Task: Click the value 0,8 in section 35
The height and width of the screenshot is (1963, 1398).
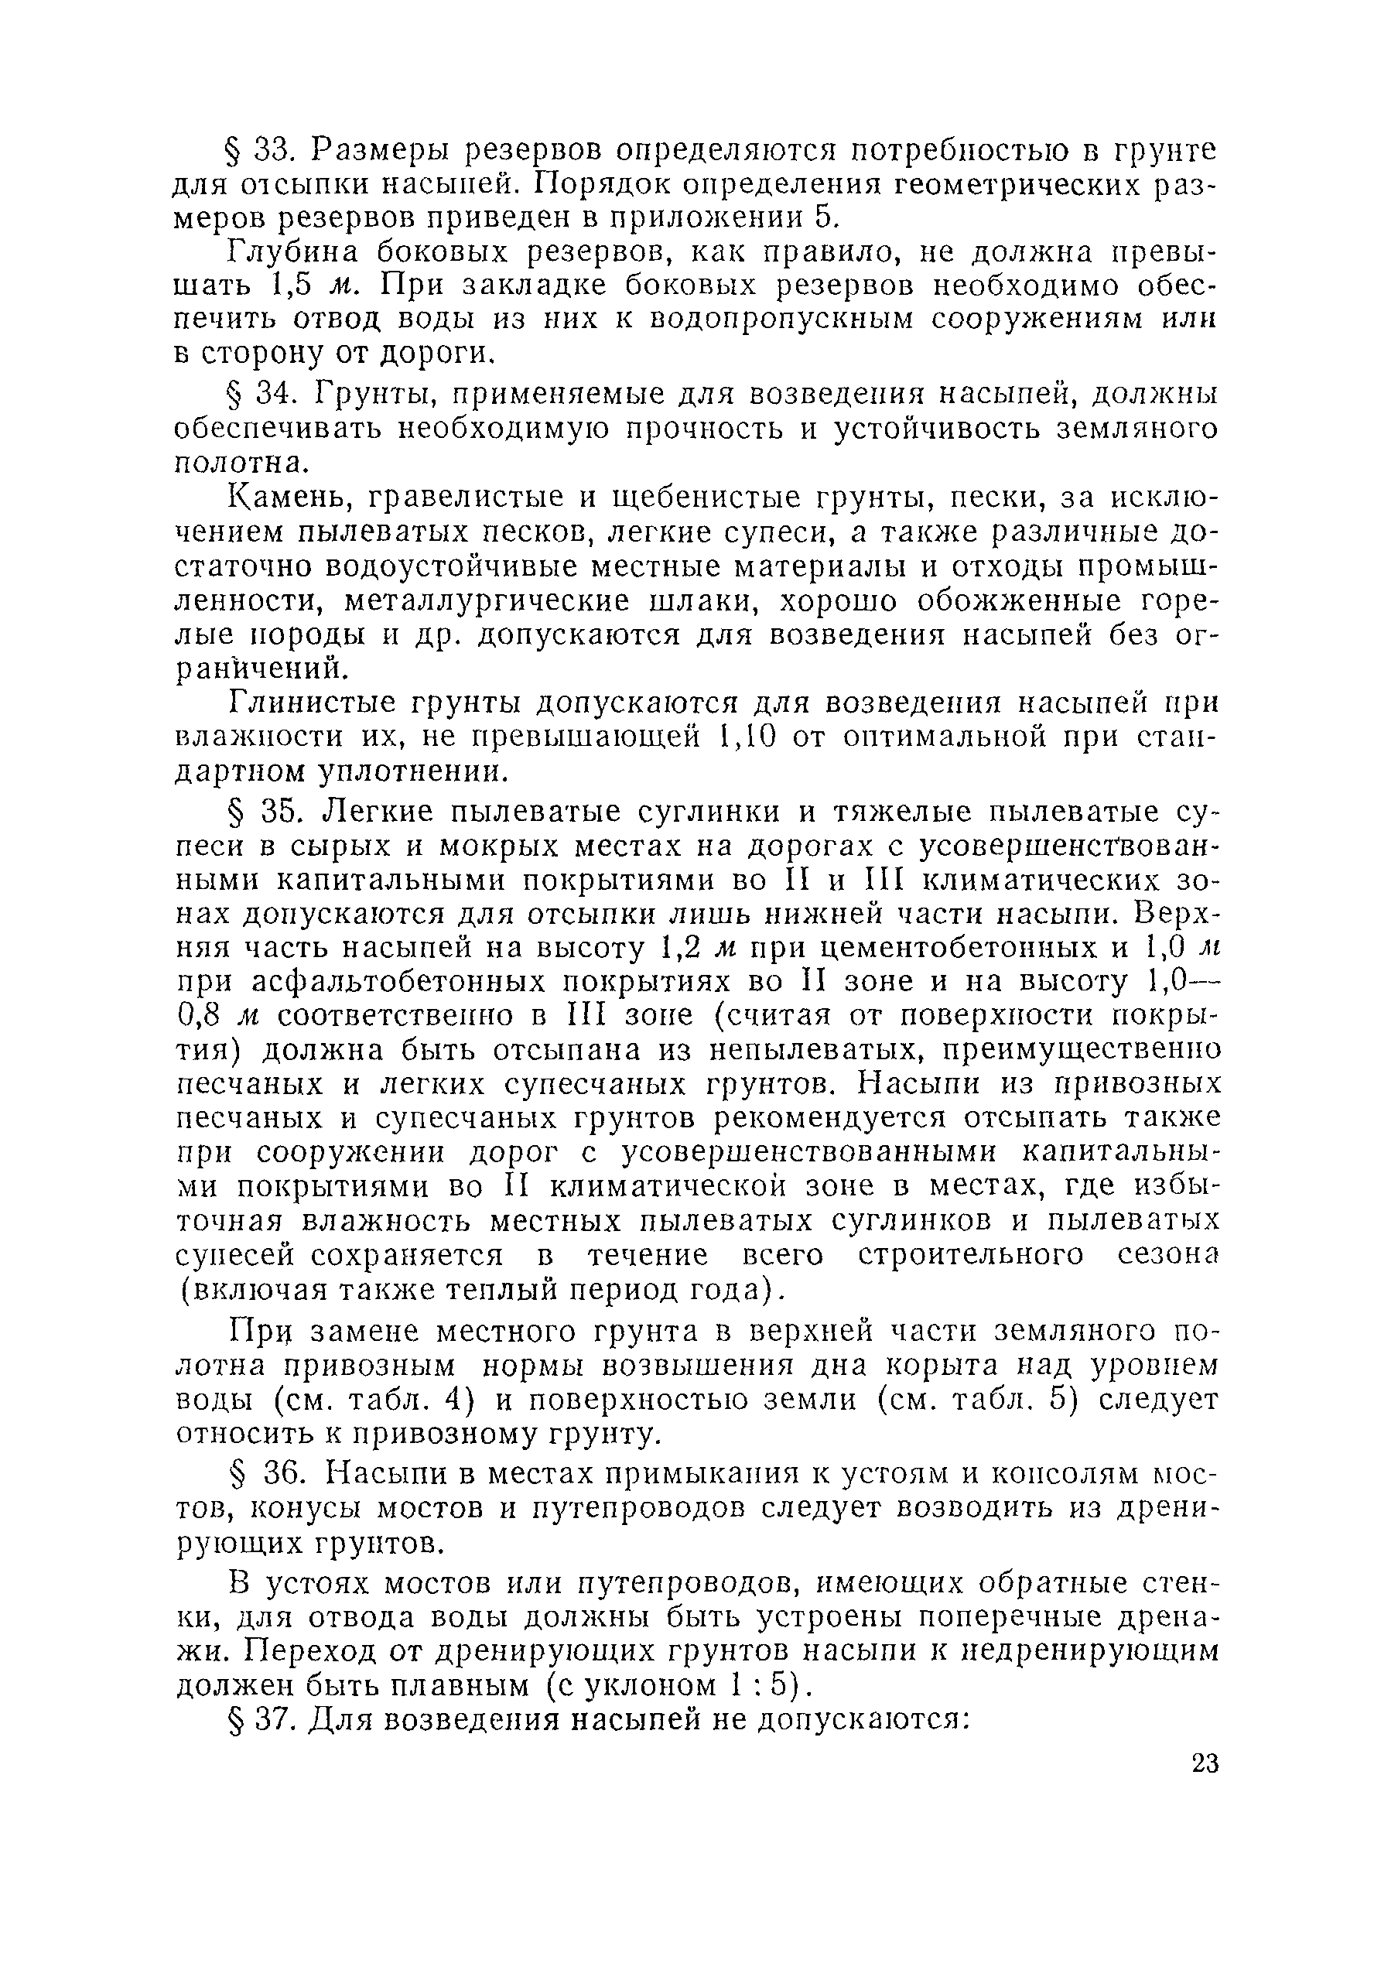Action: coord(200,1016)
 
